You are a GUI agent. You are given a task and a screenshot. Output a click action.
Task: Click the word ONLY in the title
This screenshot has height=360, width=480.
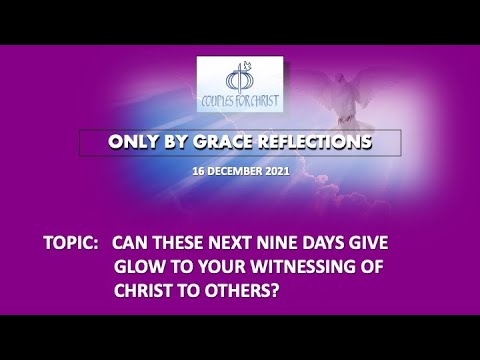(x=134, y=142)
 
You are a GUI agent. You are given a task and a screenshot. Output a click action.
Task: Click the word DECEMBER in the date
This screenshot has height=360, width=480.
(x=237, y=171)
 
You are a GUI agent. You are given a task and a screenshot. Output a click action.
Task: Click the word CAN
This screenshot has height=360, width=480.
(x=133, y=243)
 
